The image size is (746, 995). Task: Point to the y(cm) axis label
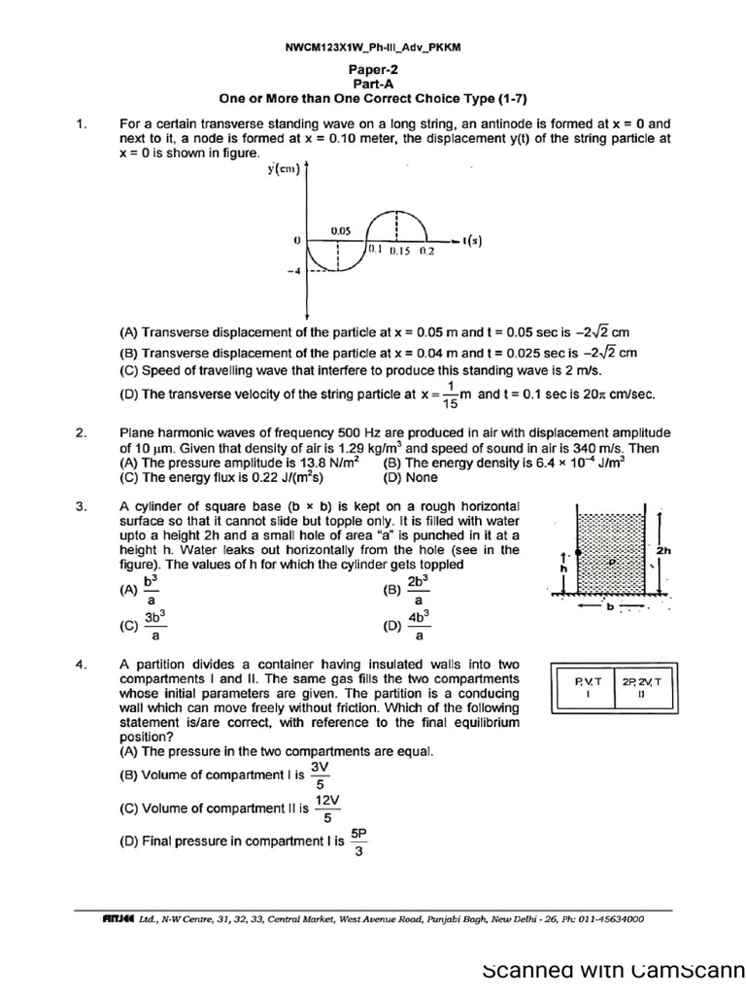(283, 171)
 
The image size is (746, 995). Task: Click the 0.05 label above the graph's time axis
(340, 230)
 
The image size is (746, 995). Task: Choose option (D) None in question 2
(410, 477)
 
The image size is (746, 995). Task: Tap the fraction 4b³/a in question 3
(418, 626)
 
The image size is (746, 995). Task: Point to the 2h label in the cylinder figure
(664, 550)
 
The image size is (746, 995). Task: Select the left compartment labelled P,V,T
(590, 688)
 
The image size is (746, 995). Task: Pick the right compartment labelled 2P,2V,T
(642, 688)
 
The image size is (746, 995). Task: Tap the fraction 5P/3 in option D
(359, 843)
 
